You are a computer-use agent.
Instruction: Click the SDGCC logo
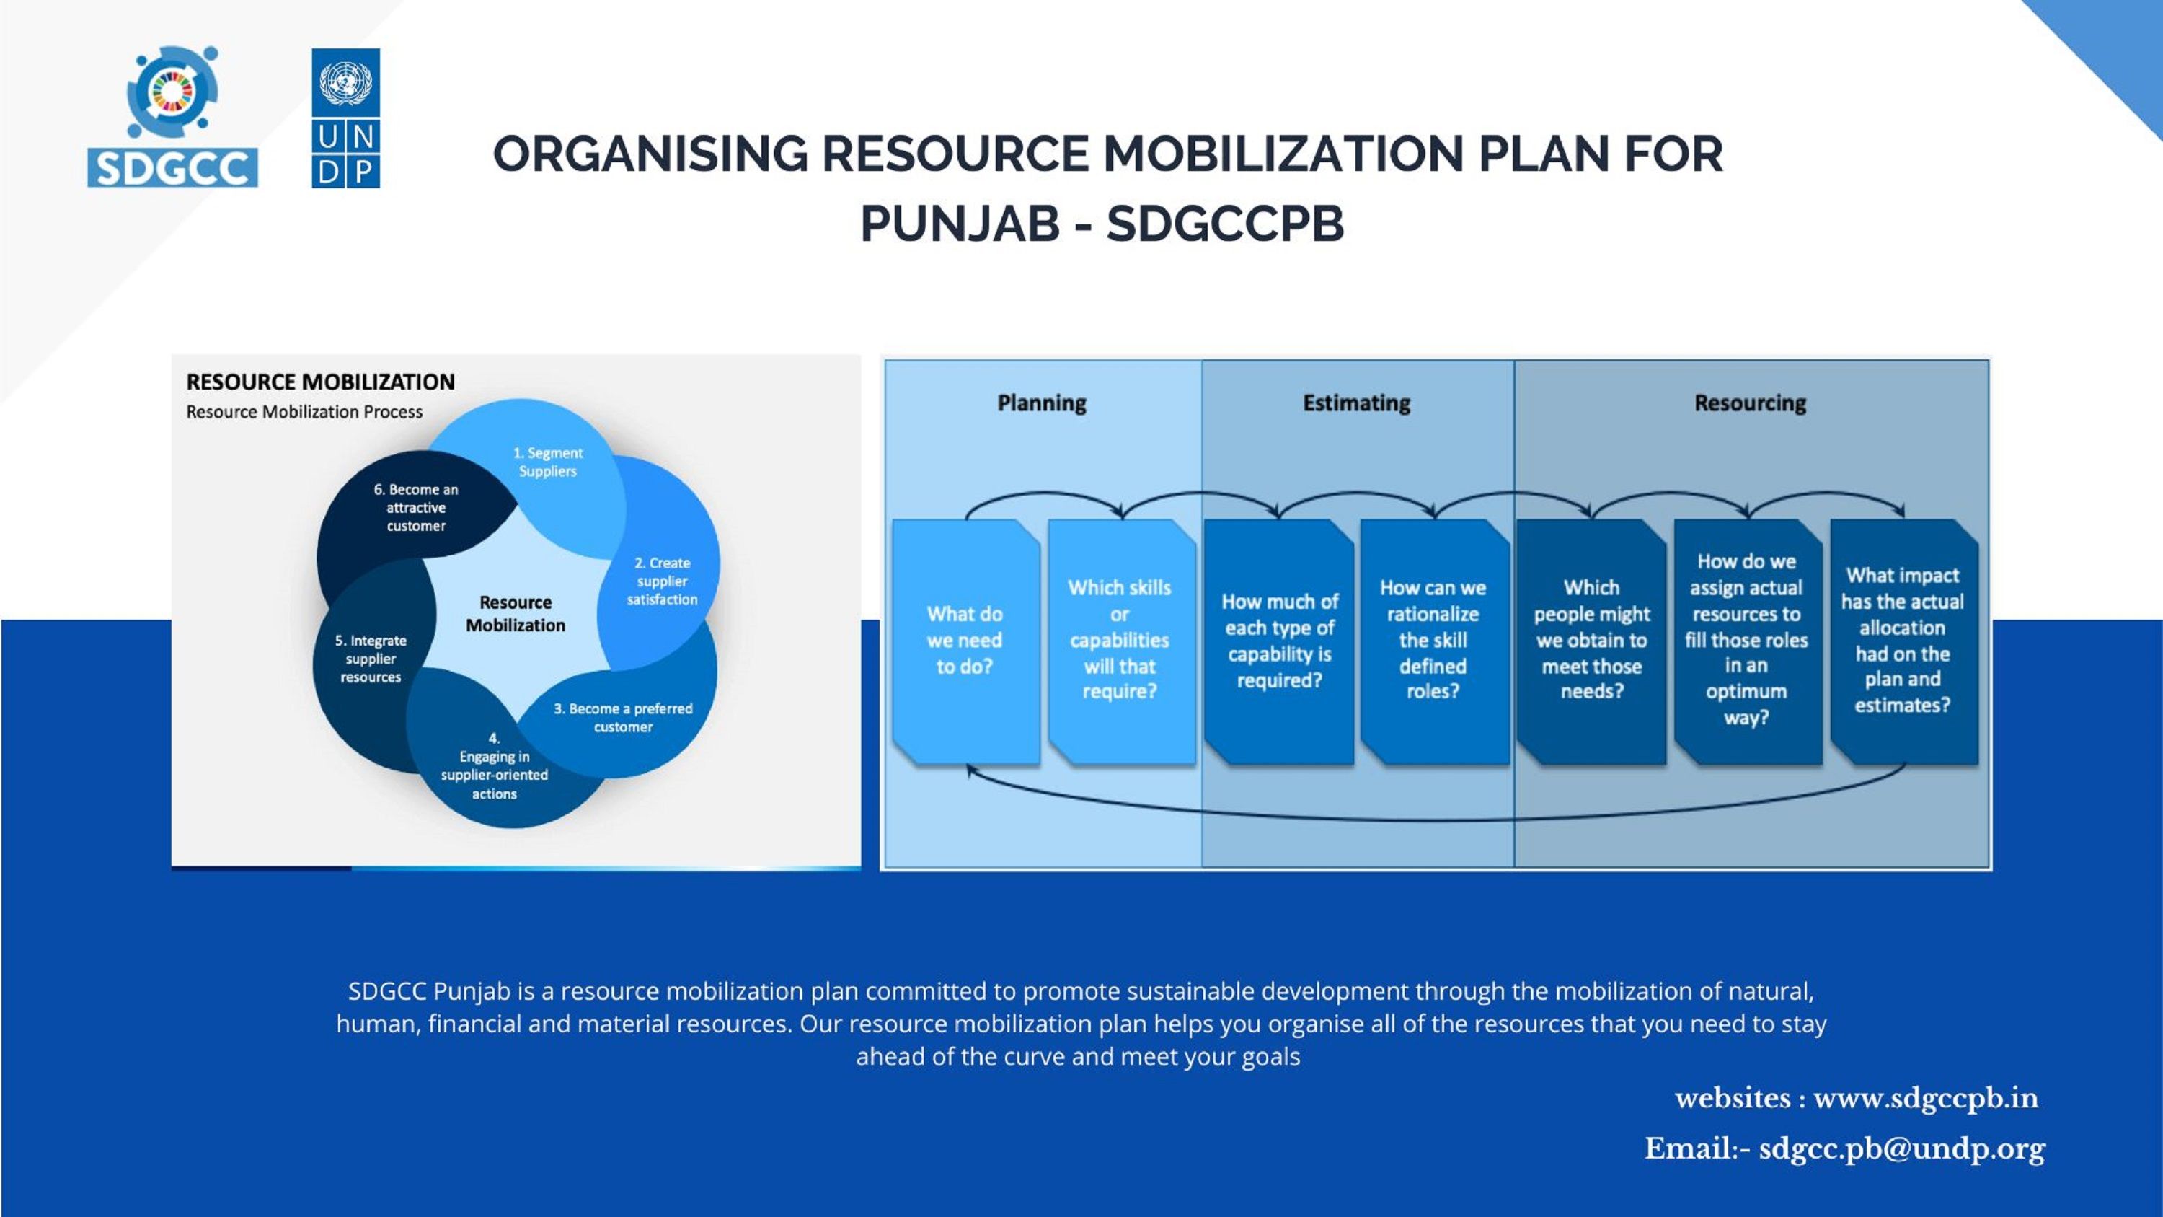[x=172, y=116]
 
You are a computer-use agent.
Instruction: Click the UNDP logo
[x=346, y=118]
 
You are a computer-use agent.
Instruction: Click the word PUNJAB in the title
[x=960, y=224]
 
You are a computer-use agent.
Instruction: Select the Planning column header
[x=1041, y=403]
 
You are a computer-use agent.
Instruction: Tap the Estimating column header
[x=1356, y=403]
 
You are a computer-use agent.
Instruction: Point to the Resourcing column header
[x=1750, y=403]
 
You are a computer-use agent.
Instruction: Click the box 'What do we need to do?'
[x=965, y=641]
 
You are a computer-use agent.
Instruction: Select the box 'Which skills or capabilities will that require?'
[x=1121, y=641]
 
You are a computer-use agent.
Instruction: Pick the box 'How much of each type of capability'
[x=1279, y=641]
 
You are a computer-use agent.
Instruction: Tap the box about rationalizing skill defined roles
[x=1434, y=641]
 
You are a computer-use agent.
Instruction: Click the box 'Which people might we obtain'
[x=1591, y=641]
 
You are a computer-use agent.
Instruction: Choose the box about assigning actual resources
[x=1748, y=641]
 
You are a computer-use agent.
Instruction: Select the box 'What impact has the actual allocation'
[x=1903, y=641]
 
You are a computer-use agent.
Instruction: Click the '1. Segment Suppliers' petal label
[x=547, y=462]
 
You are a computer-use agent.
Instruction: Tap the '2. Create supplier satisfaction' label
[x=662, y=581]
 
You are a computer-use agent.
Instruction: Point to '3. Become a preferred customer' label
[x=623, y=717]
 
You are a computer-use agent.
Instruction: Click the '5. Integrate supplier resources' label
[x=371, y=659]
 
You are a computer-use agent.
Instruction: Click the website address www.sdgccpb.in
[x=1927, y=1099]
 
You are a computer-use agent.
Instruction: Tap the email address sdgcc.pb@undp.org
[x=1902, y=1149]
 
